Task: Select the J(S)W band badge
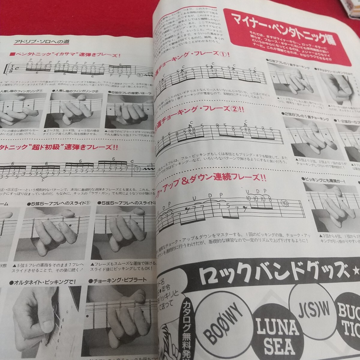pos(310,306)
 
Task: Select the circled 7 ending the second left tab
pos(137,169)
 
